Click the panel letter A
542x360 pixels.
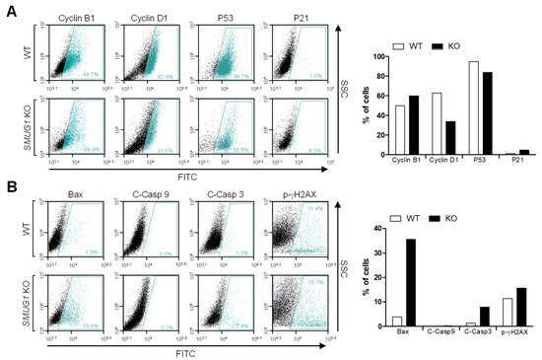tap(9, 9)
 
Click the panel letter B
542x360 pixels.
tap(9, 182)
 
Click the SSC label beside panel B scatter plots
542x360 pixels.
tap(343, 266)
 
